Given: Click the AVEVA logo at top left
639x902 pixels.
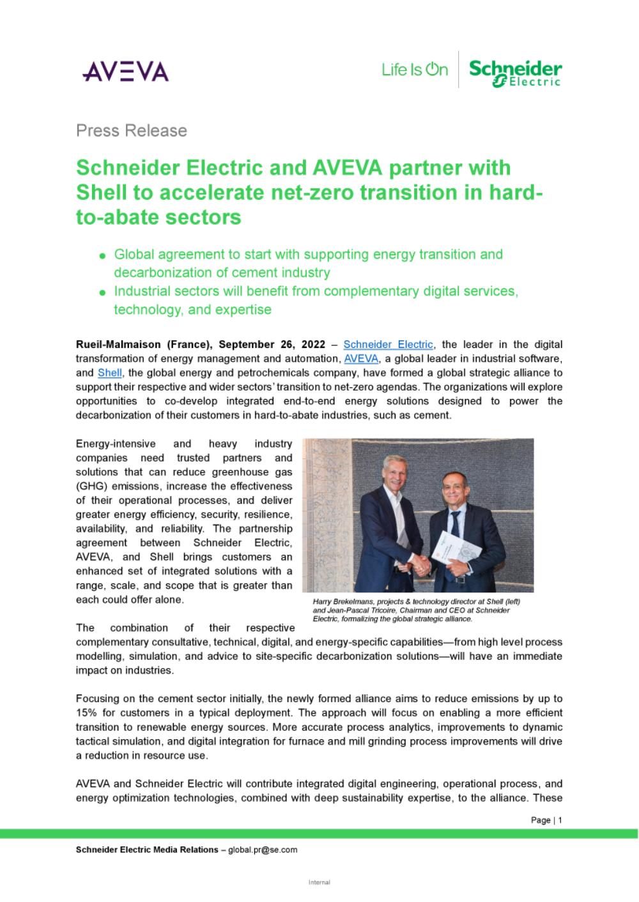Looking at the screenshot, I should click(x=125, y=71).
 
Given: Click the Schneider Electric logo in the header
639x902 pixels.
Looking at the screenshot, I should click(x=515, y=72).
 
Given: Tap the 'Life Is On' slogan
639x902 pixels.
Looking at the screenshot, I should click(x=415, y=70).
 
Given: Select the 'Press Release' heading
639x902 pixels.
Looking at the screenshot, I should click(x=132, y=131).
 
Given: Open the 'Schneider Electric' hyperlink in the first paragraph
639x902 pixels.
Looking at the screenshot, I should click(x=388, y=345).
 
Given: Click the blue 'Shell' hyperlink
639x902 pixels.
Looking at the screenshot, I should click(x=109, y=373).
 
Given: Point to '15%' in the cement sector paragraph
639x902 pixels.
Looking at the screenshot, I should click(x=86, y=713).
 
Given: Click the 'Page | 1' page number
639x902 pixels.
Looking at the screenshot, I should click(x=546, y=820).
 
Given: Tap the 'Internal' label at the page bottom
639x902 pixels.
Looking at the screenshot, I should click(x=319, y=882).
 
